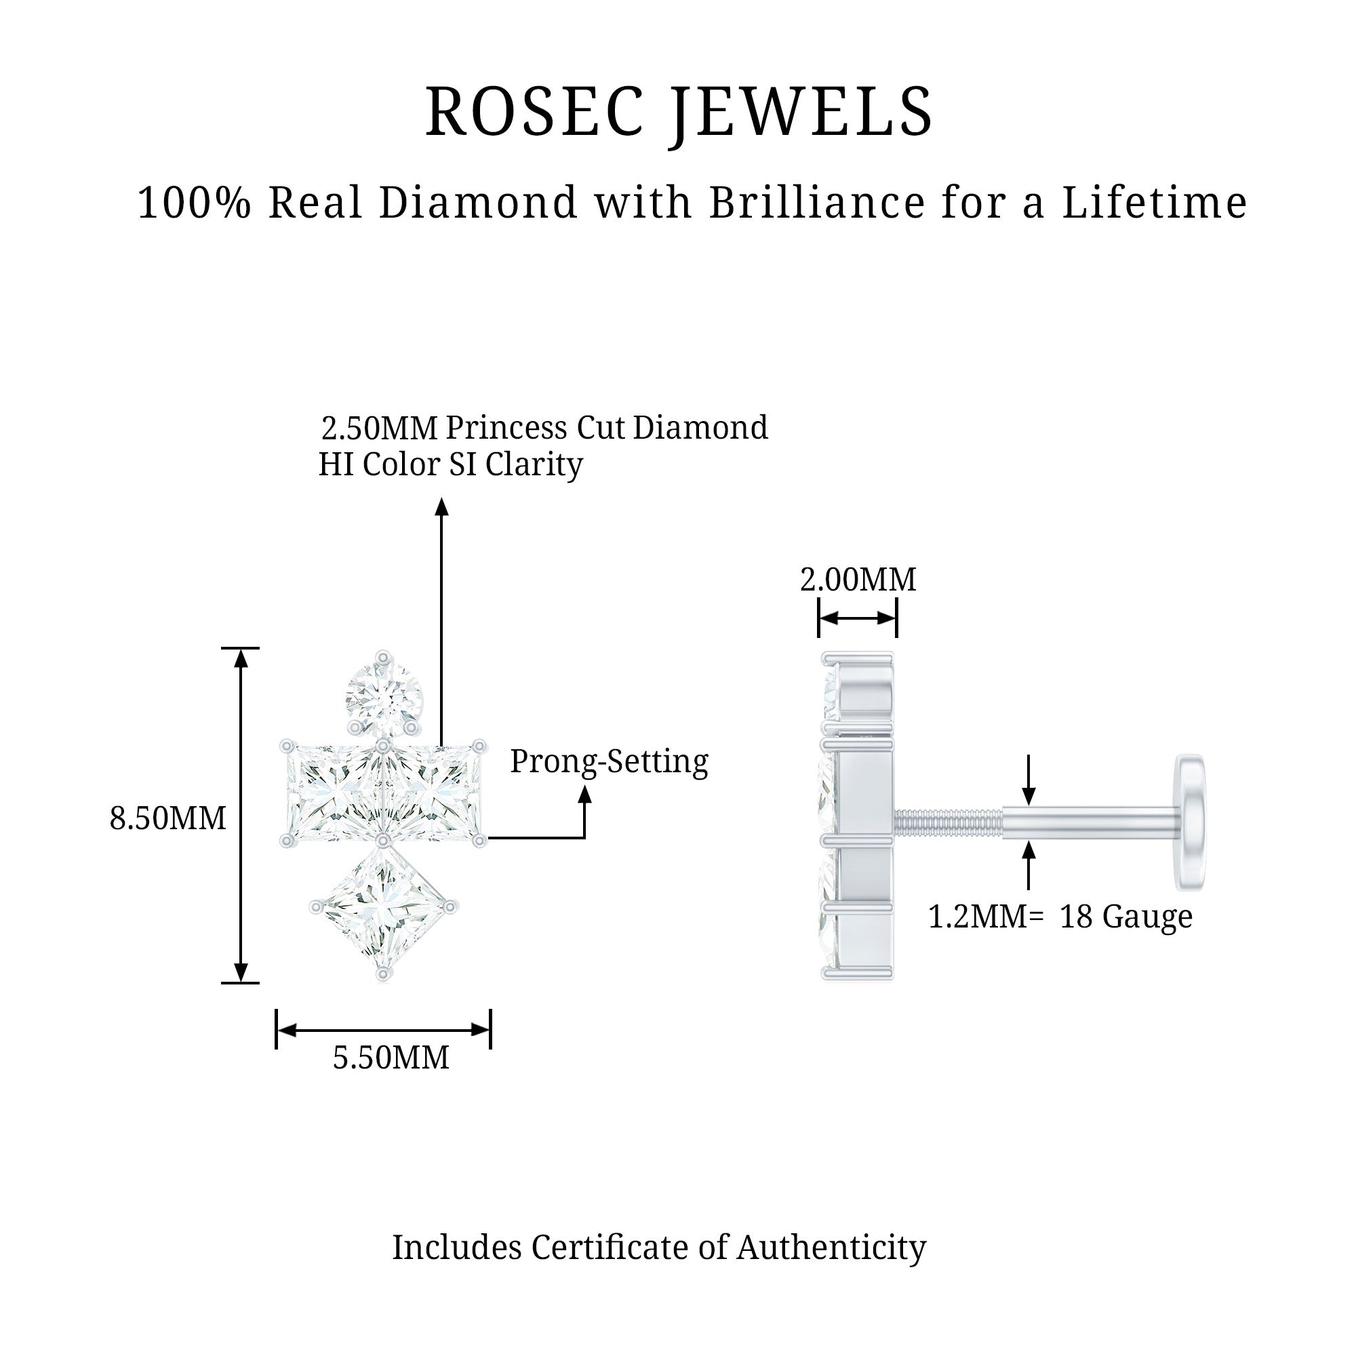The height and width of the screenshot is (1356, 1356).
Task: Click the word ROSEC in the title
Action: pyautogui.click(x=534, y=113)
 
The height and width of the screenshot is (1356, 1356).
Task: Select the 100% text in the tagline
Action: pyautogui.click(x=194, y=203)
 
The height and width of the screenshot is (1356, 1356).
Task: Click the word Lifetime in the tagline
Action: pyautogui.click(x=1154, y=203)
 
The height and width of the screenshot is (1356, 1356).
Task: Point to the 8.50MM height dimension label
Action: pyautogui.click(x=167, y=818)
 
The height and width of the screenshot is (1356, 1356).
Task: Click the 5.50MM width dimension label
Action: pyautogui.click(x=391, y=1058)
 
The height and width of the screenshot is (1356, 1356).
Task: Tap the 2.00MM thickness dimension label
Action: pyautogui.click(x=858, y=580)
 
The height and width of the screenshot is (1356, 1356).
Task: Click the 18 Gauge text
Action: pyautogui.click(x=1125, y=917)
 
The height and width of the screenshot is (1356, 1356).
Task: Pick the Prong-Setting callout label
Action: pyautogui.click(x=609, y=762)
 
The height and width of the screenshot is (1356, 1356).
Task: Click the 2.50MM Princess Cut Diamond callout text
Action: pyautogui.click(x=544, y=428)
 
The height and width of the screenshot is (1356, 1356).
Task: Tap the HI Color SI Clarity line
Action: pyautogui.click(x=450, y=464)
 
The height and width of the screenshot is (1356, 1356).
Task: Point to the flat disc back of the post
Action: pyautogui.click(x=1192, y=821)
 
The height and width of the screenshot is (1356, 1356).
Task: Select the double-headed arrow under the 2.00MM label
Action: pyautogui.click(x=857, y=618)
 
